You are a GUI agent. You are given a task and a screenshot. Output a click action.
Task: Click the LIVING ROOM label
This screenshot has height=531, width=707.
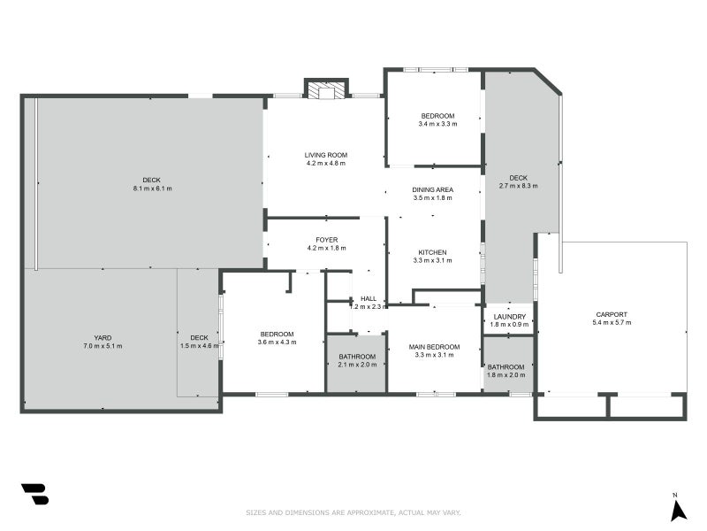pyautogui.click(x=325, y=155)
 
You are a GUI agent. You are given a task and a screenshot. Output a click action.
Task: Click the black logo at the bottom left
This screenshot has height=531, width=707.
pyautogui.click(x=34, y=494)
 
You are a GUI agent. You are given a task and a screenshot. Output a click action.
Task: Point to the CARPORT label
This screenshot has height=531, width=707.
pyautogui.click(x=612, y=314)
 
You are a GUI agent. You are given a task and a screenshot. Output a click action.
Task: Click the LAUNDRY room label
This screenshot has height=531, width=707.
pyautogui.click(x=510, y=317)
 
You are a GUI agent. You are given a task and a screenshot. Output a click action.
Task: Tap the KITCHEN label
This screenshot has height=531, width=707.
pyautogui.click(x=432, y=252)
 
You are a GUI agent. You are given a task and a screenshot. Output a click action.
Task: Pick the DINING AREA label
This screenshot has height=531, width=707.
pyautogui.click(x=432, y=189)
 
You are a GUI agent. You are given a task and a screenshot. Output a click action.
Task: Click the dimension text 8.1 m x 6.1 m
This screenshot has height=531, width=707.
pyautogui.click(x=151, y=189)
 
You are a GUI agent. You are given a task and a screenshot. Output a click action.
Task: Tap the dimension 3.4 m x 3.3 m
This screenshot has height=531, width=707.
pyautogui.click(x=437, y=125)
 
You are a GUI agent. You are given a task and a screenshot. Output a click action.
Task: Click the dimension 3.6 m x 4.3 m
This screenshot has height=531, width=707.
pyautogui.click(x=277, y=342)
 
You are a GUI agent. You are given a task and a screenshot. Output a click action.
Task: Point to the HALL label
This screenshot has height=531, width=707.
pyautogui.click(x=368, y=299)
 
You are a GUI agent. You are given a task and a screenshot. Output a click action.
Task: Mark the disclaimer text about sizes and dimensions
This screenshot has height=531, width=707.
pyautogui.click(x=353, y=512)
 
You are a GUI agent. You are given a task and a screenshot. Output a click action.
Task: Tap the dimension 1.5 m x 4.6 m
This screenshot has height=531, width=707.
pyautogui.click(x=199, y=345)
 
